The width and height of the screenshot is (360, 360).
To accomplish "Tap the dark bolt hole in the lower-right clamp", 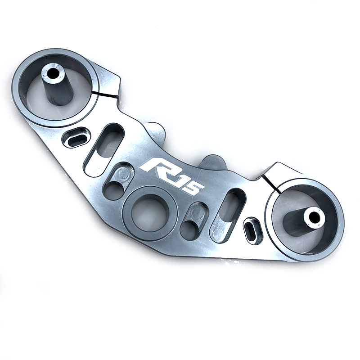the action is tap(314, 217).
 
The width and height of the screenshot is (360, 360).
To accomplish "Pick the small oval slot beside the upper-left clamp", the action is tap(76, 137).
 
